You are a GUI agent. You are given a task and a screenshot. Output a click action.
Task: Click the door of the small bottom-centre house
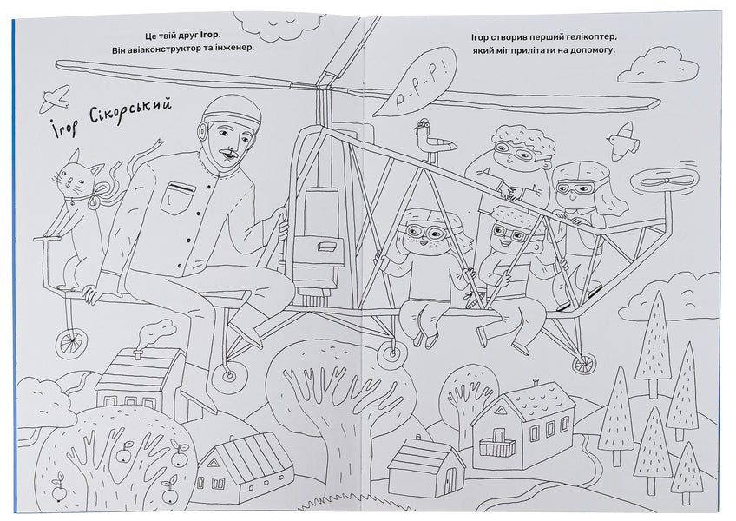pos(449,479)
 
